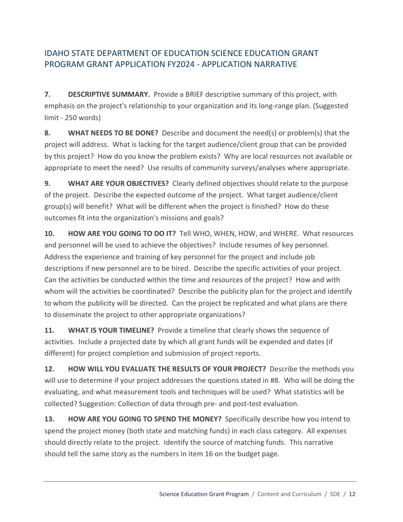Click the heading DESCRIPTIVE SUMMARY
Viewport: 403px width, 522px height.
[109, 94]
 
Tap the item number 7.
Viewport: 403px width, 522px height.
[47, 94]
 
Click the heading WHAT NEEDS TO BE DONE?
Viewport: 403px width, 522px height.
[113, 133]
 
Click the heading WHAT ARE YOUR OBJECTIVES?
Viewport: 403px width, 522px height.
[118, 183]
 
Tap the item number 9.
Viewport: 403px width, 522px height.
[47, 183]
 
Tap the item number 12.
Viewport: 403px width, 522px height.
[49, 369]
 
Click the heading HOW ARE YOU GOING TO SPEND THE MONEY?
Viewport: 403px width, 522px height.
[145, 419]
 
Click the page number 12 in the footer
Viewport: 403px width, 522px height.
[352, 494]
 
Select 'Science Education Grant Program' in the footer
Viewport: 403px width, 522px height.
[204, 494]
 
